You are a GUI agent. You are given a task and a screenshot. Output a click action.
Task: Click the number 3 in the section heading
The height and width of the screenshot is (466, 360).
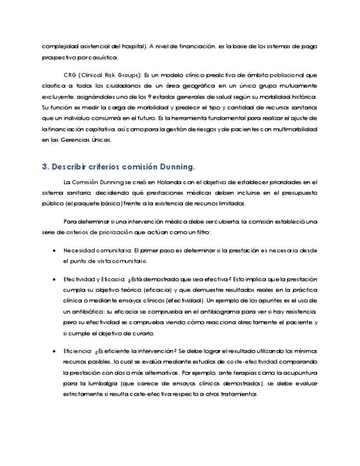[45, 167]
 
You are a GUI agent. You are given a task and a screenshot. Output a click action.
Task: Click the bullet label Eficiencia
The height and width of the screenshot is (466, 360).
[77, 351]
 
